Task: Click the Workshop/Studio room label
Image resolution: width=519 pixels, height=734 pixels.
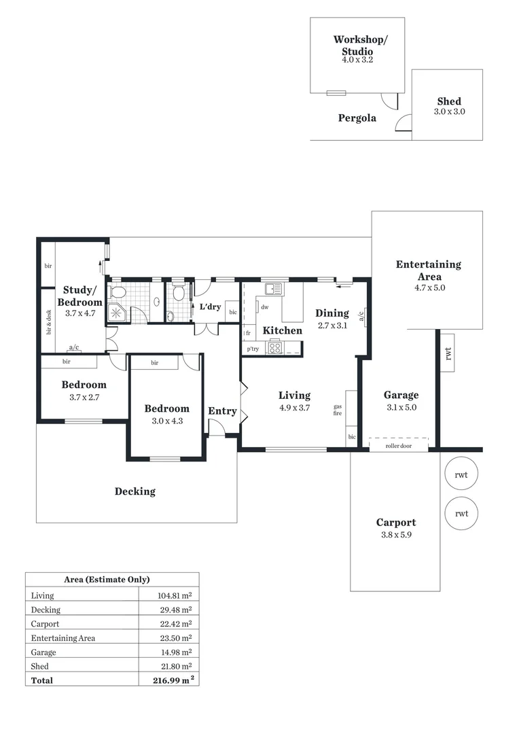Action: coord(360,45)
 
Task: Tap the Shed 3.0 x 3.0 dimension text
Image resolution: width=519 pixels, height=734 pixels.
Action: coord(449,111)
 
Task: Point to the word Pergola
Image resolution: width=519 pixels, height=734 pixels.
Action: coord(357,118)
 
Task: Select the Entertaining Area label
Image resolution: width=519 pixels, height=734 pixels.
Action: coord(428,270)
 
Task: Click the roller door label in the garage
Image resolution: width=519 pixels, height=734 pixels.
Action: coord(398,447)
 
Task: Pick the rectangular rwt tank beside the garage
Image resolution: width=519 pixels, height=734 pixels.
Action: coord(448,351)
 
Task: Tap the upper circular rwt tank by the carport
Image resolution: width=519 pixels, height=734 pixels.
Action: coord(461,474)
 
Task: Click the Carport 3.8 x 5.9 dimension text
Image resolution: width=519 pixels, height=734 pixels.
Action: coord(396,534)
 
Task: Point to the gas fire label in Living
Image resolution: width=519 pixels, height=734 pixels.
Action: coord(337,410)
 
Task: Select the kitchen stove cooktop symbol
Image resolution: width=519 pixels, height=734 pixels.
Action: coord(275,348)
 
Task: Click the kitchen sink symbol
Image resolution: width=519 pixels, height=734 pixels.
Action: coord(274,290)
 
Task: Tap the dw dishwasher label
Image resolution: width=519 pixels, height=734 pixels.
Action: coord(265,307)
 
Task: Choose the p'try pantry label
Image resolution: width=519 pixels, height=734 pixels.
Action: coord(253,349)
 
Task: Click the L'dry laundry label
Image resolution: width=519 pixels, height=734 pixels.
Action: coord(210,307)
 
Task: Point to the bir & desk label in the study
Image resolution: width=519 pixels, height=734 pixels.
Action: coord(49,322)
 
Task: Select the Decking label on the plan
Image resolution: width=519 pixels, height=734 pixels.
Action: coord(135,491)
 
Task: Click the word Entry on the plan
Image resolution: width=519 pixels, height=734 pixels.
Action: coord(222,411)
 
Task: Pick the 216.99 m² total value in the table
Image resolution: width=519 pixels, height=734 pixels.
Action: coord(170,680)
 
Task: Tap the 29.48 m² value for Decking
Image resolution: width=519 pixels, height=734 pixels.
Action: coord(175,610)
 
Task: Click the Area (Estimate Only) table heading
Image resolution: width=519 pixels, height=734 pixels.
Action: coord(107,580)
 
